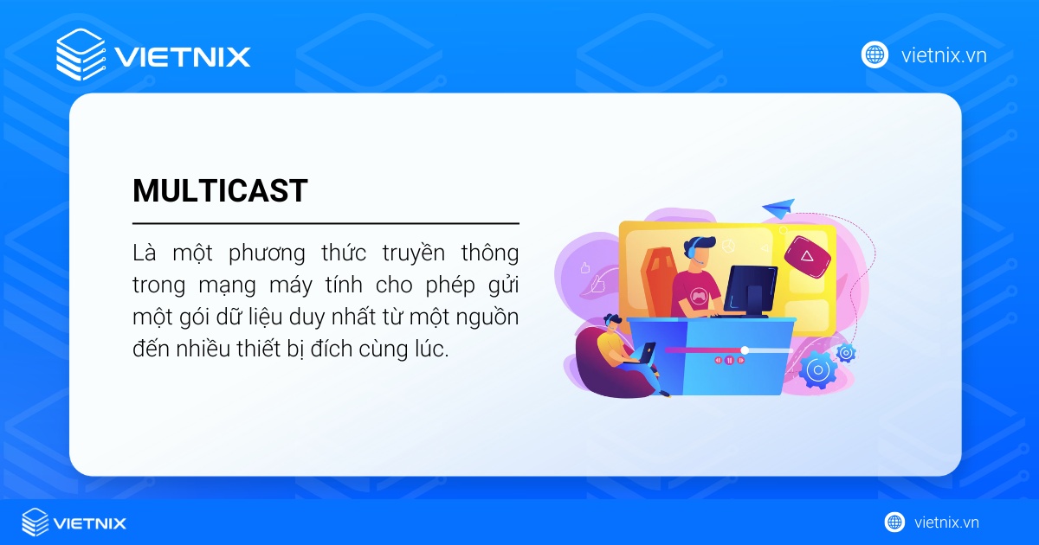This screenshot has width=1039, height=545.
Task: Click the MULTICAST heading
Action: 220,191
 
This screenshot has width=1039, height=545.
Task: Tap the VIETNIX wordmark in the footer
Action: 90,523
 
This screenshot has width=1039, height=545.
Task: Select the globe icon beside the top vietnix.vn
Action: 874,55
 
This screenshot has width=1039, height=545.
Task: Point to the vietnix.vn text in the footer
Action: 946,523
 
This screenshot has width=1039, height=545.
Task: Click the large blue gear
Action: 816,369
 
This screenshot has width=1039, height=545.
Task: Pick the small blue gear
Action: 846,352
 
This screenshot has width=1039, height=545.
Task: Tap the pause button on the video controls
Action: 730,360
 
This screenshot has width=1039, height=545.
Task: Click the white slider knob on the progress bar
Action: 745,349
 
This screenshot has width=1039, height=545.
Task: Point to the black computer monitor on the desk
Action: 750,288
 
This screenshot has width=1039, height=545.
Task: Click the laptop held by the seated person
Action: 647,352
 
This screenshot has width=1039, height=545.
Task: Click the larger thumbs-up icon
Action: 596,282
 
